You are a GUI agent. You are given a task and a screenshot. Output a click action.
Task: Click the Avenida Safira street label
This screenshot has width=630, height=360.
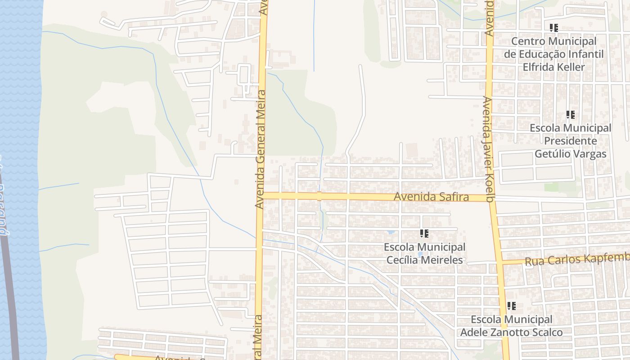(431, 197)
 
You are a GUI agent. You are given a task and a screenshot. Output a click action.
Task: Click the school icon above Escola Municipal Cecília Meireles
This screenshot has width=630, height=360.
(424, 234)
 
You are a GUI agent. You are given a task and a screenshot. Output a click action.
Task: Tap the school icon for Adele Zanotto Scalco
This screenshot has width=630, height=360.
(511, 306)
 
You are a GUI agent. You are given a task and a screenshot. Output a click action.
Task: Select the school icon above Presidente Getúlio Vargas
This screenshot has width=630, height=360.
(570, 115)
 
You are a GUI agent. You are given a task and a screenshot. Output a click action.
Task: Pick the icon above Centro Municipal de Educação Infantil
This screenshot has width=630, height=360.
(553, 28)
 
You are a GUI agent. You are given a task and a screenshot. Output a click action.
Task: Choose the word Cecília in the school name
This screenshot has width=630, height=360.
(402, 260)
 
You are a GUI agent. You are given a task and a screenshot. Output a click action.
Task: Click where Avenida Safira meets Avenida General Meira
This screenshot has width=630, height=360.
(260, 195)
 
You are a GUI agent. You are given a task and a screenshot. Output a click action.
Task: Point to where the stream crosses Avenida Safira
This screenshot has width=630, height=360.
(319, 196)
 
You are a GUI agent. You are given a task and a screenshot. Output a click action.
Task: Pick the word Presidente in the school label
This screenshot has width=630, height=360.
(570, 141)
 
